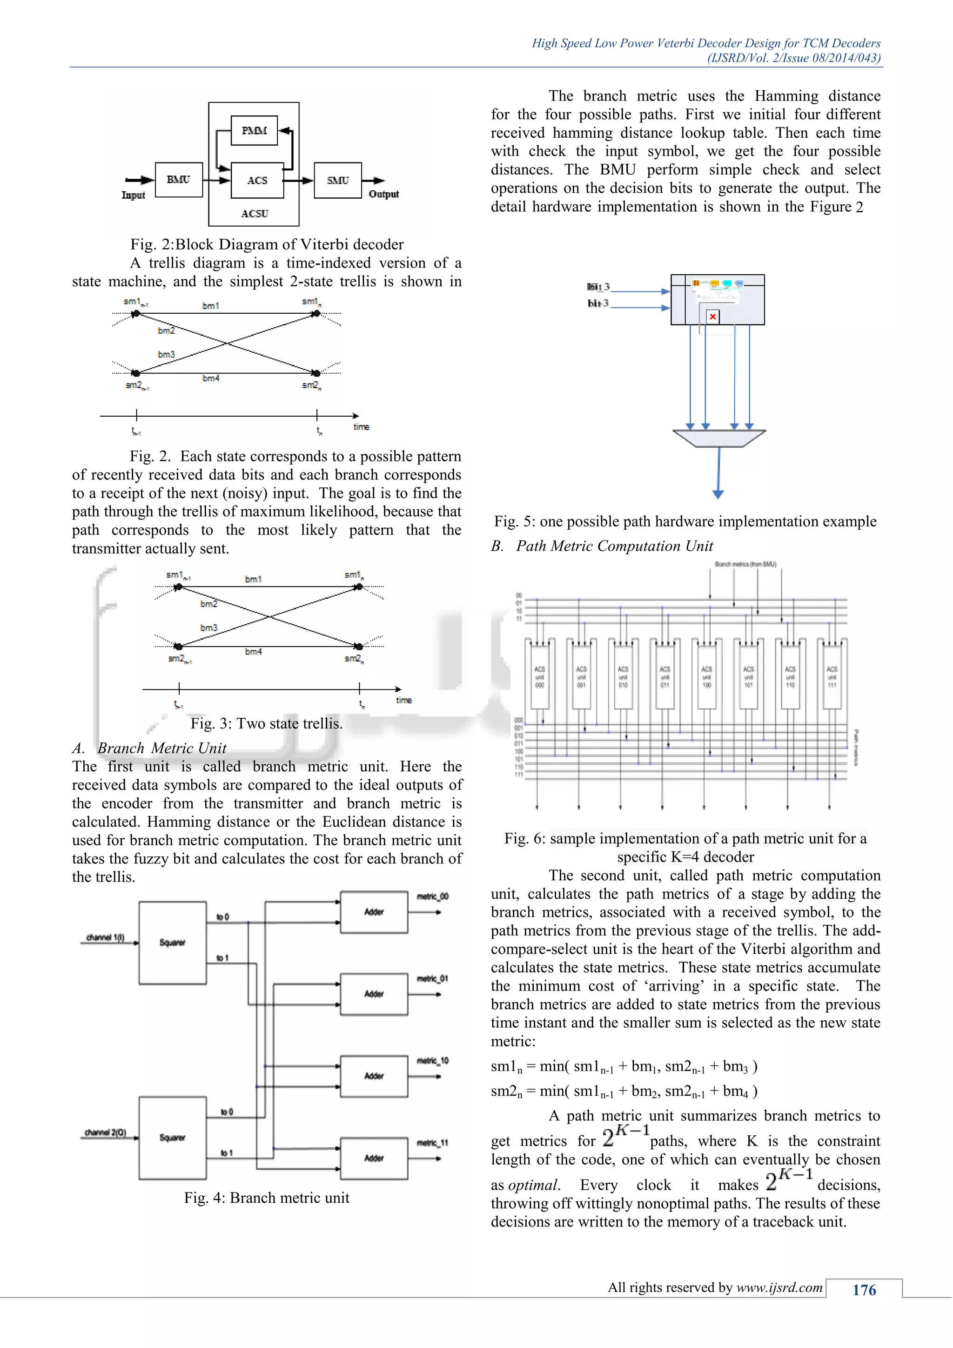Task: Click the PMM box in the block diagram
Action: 254,130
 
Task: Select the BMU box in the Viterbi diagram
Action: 178,180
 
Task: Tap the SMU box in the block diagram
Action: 337,180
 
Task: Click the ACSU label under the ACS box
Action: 255,214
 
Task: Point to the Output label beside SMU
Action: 384,194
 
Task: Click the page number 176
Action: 864,1290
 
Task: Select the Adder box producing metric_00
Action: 374,912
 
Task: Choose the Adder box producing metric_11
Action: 374,1159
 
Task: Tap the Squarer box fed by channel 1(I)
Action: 173,942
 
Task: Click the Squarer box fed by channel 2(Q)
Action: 173,1137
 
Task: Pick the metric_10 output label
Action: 432,1061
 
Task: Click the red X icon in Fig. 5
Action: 712,317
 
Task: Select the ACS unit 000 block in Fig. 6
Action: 539,677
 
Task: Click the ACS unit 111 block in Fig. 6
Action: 832,677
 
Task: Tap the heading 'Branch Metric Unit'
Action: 161,748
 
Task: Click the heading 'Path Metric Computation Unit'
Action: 614,546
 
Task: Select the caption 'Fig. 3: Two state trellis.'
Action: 267,723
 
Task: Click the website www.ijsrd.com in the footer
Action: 779,1287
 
